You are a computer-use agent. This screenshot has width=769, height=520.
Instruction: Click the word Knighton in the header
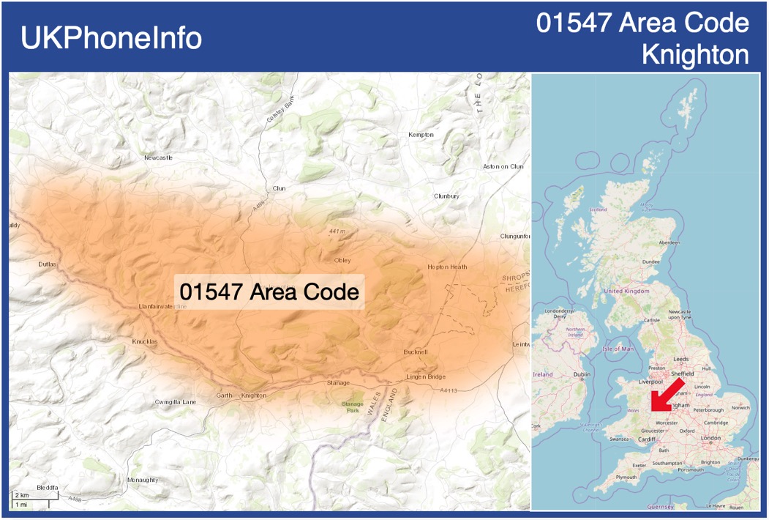[x=695, y=55]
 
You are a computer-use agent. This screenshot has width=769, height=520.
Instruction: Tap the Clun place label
[x=279, y=188]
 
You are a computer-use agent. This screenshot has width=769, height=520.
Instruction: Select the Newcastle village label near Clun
[x=158, y=157]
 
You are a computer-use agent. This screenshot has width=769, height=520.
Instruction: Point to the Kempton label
[x=421, y=135]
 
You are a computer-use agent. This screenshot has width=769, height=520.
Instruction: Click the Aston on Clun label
[x=503, y=166]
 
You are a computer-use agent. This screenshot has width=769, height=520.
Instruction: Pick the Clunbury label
[x=446, y=196]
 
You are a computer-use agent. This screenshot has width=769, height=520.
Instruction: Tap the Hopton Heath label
[x=447, y=267]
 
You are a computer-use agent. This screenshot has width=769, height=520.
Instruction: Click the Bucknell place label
[x=416, y=352]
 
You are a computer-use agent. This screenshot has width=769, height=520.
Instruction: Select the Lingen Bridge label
[x=425, y=377]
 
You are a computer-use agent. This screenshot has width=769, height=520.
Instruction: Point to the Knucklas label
[x=145, y=342]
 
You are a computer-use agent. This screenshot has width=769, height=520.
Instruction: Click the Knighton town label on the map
[x=254, y=395]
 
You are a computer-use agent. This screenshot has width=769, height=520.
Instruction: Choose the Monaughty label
[x=142, y=480]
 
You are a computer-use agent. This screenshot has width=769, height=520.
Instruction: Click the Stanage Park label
[x=353, y=407]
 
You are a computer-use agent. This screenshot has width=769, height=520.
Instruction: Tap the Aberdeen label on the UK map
[x=669, y=242]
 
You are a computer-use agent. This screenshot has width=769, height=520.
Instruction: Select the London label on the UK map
[x=710, y=438]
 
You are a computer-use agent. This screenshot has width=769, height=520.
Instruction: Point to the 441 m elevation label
[x=337, y=231]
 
